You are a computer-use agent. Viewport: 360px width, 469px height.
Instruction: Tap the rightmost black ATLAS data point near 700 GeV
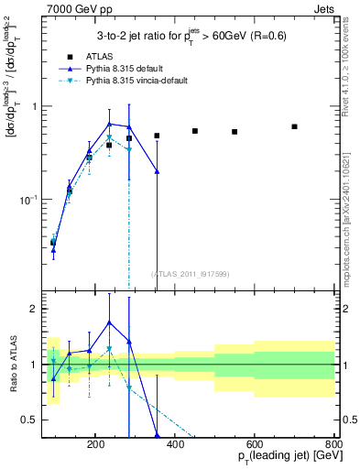294,126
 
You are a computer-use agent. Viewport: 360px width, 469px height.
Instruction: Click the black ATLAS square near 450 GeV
195,131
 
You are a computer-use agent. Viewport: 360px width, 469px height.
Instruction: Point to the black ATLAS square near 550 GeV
235,132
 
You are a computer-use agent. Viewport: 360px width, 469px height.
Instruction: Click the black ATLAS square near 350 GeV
157,136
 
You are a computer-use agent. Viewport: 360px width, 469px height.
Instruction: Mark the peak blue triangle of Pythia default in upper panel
109,124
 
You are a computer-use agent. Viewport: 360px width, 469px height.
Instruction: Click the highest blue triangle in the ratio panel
109,322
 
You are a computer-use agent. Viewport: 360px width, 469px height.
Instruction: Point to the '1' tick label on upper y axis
58,106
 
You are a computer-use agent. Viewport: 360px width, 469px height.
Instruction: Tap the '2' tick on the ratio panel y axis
58,310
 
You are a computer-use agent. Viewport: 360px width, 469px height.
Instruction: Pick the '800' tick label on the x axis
333,444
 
